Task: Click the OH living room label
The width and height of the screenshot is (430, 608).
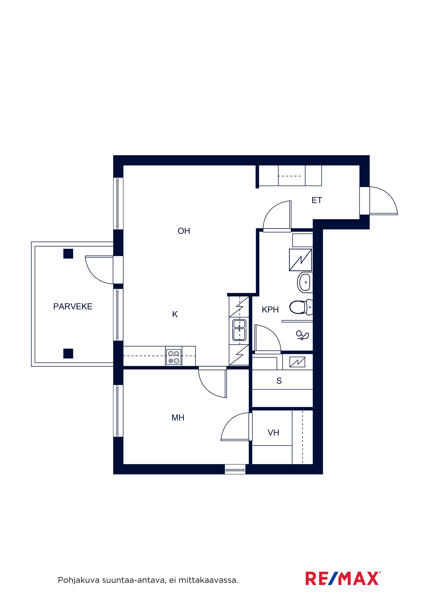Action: point(184,231)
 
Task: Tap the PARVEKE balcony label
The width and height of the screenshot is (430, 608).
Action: point(73,306)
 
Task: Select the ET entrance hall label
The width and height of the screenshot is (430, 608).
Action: point(317,200)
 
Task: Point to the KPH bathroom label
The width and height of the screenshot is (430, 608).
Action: point(270,310)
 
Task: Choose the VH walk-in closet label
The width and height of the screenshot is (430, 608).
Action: point(273,433)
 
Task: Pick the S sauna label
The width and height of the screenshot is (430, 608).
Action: point(279,381)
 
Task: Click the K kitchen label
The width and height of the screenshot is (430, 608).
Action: point(175,314)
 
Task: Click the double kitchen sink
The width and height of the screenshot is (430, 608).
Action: point(239,330)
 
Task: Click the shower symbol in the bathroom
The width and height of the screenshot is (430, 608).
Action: point(302,335)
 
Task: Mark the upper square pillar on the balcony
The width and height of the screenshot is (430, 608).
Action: point(68,254)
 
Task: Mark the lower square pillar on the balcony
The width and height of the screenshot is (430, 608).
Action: point(68,354)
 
